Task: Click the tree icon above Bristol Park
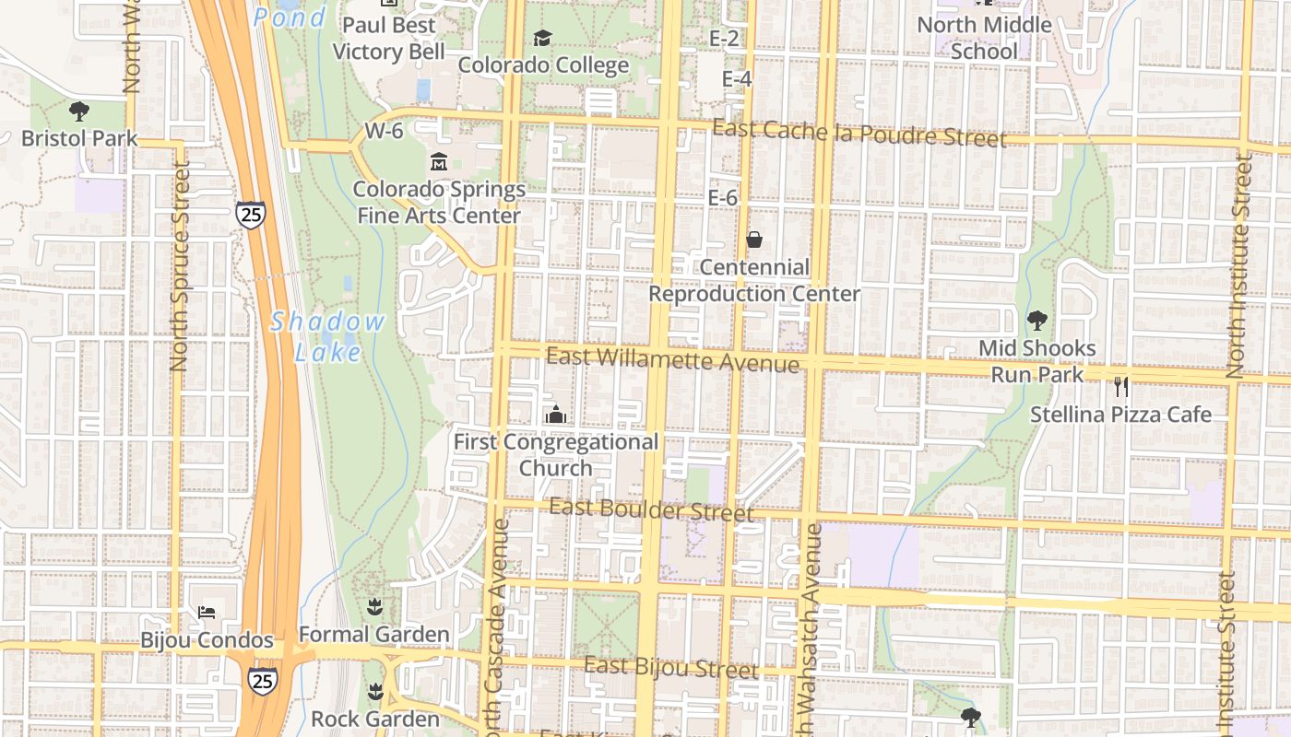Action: [x=79, y=111]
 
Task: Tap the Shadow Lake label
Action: [x=328, y=336]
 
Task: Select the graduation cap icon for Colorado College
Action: [x=542, y=38]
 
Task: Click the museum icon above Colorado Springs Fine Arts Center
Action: [x=439, y=162]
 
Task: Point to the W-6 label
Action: [x=384, y=131]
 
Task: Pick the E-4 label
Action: [x=736, y=79]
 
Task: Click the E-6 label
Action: [x=723, y=197]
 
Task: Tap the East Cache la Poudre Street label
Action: [x=859, y=134]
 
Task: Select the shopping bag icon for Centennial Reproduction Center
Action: [x=754, y=240]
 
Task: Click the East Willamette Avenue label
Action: [x=672, y=359]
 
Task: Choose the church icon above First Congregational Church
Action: [x=555, y=415]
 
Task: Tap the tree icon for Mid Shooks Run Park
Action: [x=1037, y=321]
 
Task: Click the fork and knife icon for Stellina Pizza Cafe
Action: [x=1121, y=387]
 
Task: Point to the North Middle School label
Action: [x=984, y=38]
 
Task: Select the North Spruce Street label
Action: [x=180, y=267]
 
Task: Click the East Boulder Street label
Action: [x=652, y=509]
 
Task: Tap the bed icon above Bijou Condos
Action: [x=207, y=613]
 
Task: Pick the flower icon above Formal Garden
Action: [x=374, y=606]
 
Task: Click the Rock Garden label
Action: [x=375, y=719]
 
